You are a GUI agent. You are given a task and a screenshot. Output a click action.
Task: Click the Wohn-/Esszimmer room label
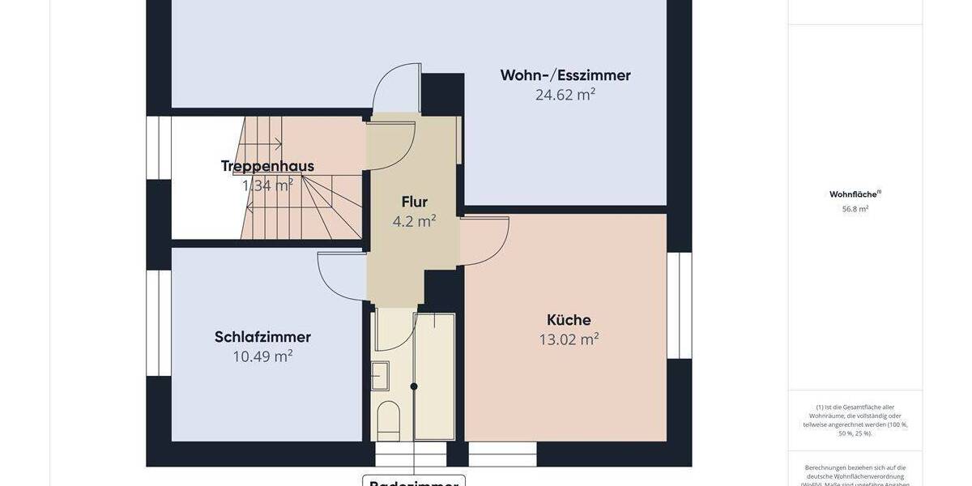(x=565, y=75)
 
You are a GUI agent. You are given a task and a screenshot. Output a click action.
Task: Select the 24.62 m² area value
(x=565, y=95)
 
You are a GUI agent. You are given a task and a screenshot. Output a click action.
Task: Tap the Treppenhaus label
(x=267, y=166)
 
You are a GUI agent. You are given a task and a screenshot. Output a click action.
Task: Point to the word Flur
(x=414, y=202)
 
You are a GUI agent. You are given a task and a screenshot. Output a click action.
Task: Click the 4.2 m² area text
(x=414, y=221)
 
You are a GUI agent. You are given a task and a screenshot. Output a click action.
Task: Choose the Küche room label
(x=569, y=320)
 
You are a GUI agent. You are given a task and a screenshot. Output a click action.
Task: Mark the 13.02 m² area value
(x=569, y=339)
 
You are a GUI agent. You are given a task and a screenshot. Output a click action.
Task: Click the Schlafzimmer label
(x=262, y=337)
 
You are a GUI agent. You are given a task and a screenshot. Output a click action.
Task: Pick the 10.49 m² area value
(x=262, y=356)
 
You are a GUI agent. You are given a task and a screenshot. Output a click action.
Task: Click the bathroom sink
(x=381, y=376)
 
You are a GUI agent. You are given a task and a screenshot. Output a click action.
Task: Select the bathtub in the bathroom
(x=434, y=376)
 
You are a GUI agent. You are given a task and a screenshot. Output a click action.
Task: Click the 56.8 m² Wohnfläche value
(x=855, y=209)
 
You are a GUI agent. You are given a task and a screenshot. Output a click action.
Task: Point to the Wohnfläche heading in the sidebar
(x=855, y=194)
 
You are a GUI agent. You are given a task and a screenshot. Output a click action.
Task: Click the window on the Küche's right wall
(x=680, y=305)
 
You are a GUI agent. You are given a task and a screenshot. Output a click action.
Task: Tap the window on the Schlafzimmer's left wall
(x=159, y=323)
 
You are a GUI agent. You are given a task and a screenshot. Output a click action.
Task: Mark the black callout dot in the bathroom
(x=414, y=386)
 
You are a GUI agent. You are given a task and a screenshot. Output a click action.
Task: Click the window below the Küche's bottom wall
(x=502, y=454)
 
